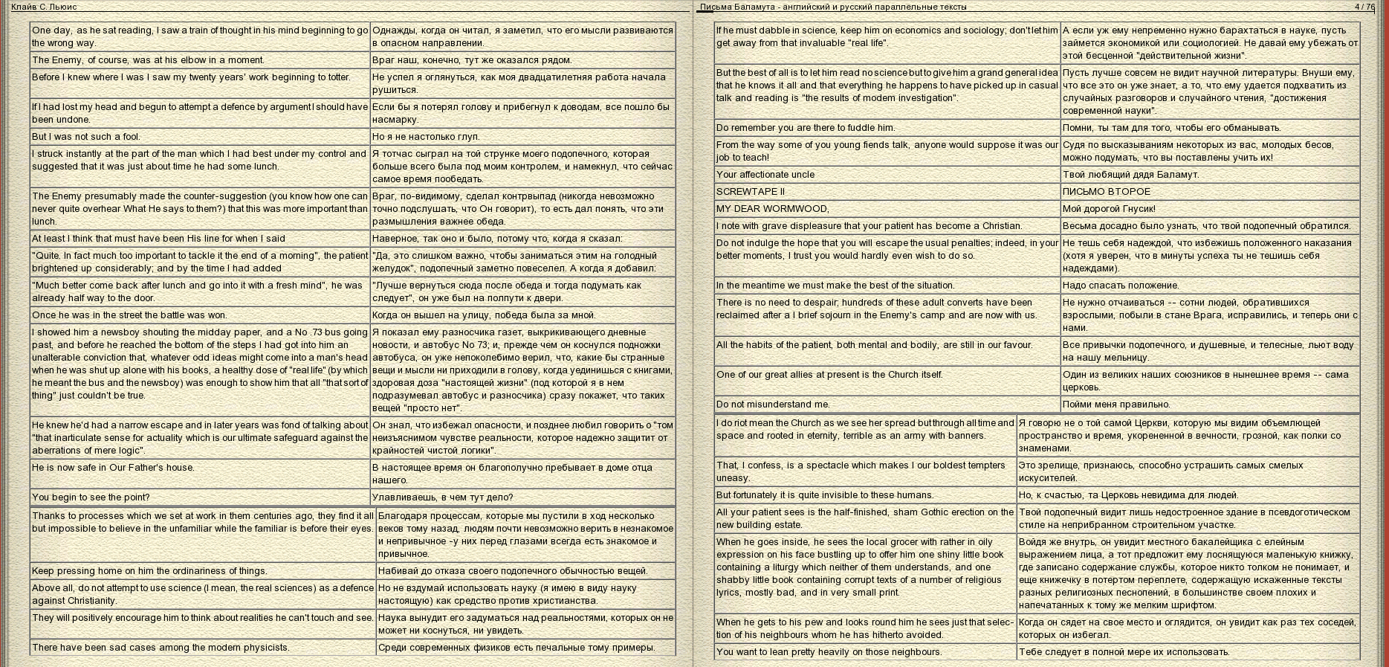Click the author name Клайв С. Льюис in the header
44,7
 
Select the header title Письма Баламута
832,7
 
